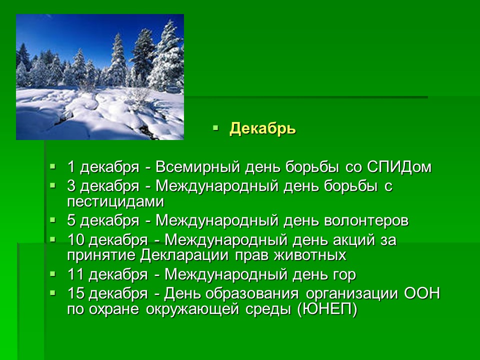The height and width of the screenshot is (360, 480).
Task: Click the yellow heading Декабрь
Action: pos(262,129)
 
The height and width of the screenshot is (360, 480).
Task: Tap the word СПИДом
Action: pos(399,167)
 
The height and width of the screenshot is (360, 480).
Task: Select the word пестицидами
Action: pos(115,201)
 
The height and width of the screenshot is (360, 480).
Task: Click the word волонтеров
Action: pos(366,220)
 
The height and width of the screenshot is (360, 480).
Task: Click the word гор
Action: pos(342,275)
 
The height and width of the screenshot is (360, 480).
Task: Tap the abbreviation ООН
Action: pos(422,293)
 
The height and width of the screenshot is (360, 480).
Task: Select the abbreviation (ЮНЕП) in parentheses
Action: pos(327,309)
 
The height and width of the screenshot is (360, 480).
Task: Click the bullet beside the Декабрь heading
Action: pos(215,127)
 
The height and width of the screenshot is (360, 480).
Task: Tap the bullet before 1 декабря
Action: pos(53,166)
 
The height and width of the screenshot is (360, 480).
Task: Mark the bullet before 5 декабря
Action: pos(53,220)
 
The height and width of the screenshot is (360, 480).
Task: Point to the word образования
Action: pos(252,293)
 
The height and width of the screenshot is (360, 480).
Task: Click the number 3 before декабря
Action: pos(71,186)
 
